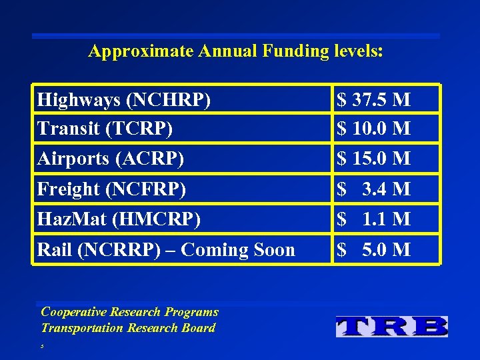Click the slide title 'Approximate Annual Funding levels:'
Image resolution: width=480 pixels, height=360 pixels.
[x=235, y=51]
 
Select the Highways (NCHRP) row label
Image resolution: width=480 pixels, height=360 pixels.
[x=124, y=100]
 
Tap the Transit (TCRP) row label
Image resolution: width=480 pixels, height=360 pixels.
[x=105, y=128]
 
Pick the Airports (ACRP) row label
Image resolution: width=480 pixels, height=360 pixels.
[x=111, y=159]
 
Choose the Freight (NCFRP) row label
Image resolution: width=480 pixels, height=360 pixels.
[x=111, y=189]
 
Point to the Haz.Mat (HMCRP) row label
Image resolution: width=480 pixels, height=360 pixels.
[x=119, y=219]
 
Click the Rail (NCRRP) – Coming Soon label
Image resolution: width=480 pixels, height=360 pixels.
[x=166, y=250]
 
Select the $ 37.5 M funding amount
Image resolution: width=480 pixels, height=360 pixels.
[x=373, y=100]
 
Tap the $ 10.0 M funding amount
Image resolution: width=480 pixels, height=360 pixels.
[x=373, y=128]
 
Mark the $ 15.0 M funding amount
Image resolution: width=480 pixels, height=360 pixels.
[x=373, y=159]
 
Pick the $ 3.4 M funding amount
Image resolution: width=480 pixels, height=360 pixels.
[x=373, y=189]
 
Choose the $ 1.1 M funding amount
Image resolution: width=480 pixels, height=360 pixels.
[x=373, y=219]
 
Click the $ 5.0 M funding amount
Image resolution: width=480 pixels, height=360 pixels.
[x=373, y=250]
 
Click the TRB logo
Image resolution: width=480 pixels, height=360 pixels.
[x=392, y=326]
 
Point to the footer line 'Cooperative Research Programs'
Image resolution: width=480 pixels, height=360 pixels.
[x=129, y=312]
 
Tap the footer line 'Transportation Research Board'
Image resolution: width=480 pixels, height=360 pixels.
[x=128, y=328]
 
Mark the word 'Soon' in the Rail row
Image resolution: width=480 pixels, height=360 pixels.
[x=273, y=250]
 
